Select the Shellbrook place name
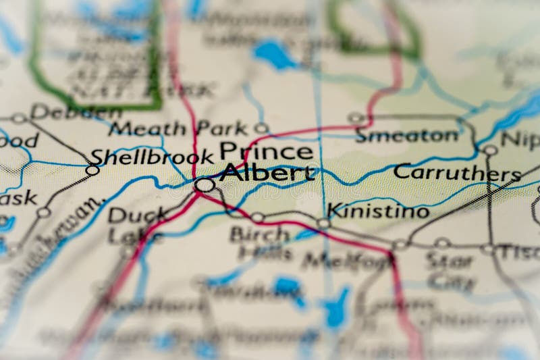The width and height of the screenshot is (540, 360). click(152, 157)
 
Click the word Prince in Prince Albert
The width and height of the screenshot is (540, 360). click(266, 150)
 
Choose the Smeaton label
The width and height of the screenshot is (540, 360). click(406, 136)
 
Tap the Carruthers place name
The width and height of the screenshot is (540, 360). click(457, 172)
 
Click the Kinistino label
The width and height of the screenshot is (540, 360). click(378, 211)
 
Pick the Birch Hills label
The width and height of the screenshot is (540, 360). click(261, 243)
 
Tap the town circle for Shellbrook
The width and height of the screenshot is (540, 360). click(92, 170)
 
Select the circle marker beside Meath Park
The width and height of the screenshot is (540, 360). click(262, 128)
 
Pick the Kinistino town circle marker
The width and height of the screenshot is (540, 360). click(324, 224)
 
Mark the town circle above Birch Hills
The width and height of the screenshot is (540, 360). click(257, 217)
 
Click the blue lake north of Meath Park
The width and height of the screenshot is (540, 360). click(275, 53)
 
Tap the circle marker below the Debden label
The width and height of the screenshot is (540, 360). click(19, 118)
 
